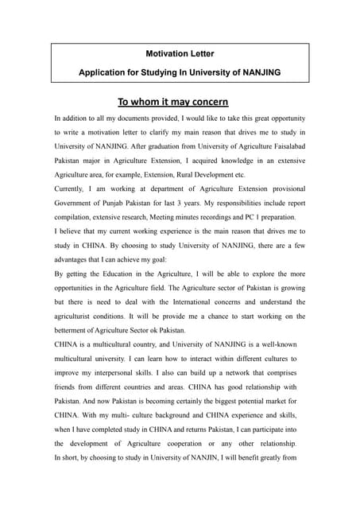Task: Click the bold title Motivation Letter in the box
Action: click(180, 53)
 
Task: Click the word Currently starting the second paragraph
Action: click(72, 188)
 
